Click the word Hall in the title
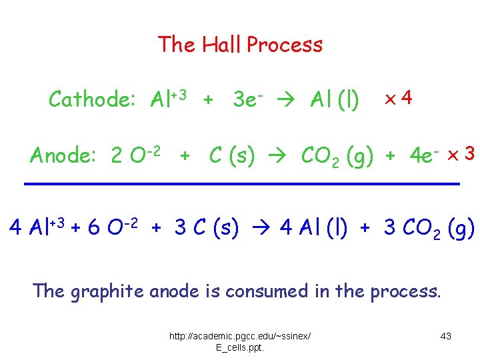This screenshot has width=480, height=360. click(x=221, y=45)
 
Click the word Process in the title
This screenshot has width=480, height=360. click(x=285, y=45)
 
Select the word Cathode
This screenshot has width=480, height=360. click(x=92, y=100)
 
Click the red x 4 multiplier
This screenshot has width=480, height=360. click(x=399, y=99)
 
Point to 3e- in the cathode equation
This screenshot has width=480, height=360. click(x=250, y=100)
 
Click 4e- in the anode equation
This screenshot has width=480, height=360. click(x=423, y=156)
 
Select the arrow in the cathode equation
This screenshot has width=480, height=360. click(x=294, y=101)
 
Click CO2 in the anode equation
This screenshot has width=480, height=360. click(x=323, y=157)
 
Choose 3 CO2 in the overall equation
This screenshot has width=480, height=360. click(x=413, y=229)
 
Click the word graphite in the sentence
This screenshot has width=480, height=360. click(x=105, y=291)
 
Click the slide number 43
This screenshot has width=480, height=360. click(x=446, y=336)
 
